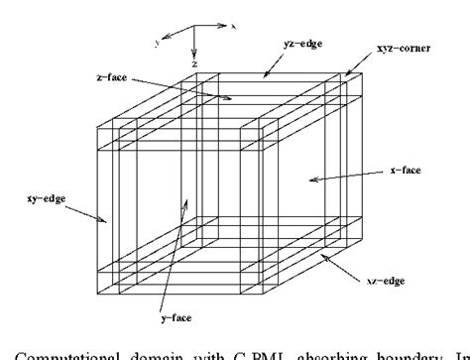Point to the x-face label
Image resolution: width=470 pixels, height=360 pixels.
point(403,170)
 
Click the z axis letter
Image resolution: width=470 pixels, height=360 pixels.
point(195,62)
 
